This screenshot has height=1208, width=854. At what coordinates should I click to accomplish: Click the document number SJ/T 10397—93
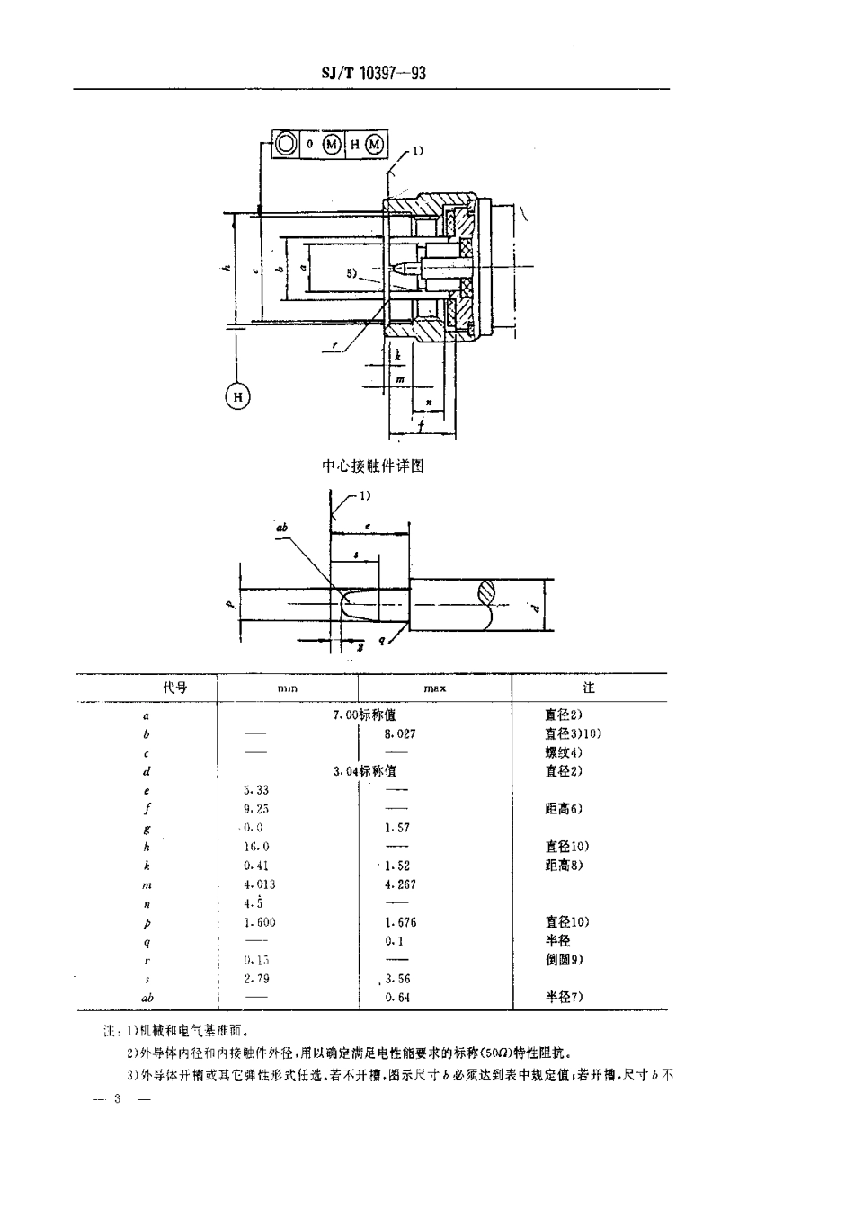[373, 74]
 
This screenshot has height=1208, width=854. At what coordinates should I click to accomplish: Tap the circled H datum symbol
[237, 396]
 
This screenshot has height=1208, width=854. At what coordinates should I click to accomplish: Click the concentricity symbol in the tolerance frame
[285, 145]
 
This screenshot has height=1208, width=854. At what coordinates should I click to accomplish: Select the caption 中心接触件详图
[372, 466]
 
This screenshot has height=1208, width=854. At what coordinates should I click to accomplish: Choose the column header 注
[589, 688]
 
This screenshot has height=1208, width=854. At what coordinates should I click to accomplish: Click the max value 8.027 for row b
[400, 733]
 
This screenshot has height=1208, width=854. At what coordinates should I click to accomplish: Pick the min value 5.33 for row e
[256, 790]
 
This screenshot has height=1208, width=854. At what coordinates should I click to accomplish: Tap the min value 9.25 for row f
[256, 809]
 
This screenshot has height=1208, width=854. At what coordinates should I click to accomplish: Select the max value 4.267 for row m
[400, 884]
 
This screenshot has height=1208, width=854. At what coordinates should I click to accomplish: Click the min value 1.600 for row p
[259, 922]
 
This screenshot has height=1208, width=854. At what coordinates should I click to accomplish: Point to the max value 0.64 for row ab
[397, 998]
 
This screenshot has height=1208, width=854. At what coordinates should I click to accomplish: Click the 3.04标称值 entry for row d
[364, 771]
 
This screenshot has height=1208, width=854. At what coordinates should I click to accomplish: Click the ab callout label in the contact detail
[281, 528]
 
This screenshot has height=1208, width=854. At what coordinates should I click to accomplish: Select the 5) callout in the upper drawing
[353, 272]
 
